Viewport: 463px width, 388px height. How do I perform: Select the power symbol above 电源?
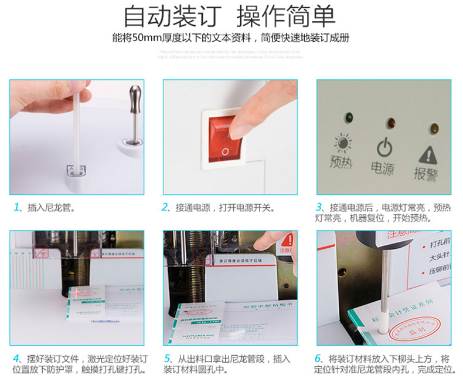[383, 146]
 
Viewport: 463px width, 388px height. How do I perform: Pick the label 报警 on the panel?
[426, 174]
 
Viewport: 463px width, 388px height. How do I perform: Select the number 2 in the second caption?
[165, 207]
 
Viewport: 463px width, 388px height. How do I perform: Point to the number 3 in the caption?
[319, 207]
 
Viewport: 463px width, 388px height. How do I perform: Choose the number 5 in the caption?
[166, 359]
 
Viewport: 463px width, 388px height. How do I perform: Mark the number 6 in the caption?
[319, 359]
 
